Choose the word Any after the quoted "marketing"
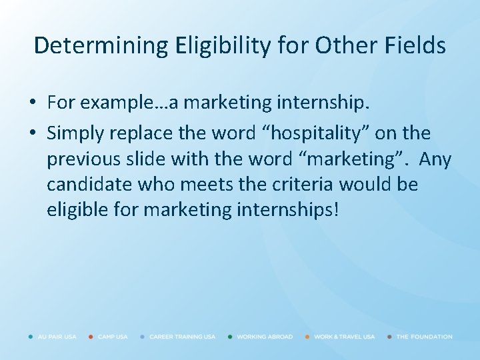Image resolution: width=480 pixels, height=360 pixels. [x=435, y=159]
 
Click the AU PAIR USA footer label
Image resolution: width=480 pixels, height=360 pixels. [x=57, y=337]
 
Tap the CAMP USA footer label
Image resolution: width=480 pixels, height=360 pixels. [x=113, y=337]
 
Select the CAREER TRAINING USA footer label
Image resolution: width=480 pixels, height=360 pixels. [x=182, y=337]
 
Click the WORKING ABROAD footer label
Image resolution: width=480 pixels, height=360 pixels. [x=265, y=337]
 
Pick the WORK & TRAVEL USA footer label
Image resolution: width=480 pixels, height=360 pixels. [x=344, y=337]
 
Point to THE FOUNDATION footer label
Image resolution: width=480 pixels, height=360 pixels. [x=424, y=337]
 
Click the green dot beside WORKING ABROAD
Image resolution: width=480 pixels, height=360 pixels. [x=230, y=337]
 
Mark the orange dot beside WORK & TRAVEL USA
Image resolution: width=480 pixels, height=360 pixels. [x=307, y=337]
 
